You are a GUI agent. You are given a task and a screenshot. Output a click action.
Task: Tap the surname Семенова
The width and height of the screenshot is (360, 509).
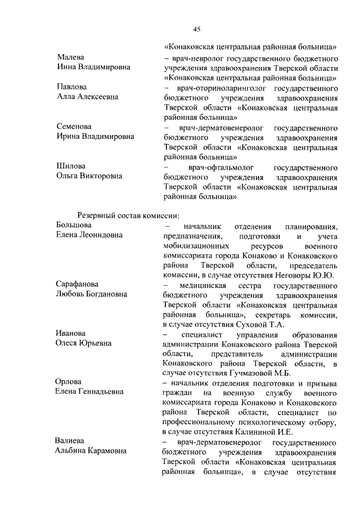pyautogui.click(x=74, y=127)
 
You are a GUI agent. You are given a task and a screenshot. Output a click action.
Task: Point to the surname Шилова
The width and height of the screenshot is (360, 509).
pyautogui.click(x=71, y=166)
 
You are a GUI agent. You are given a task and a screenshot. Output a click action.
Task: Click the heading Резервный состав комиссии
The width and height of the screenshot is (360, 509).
pyautogui.click(x=128, y=214)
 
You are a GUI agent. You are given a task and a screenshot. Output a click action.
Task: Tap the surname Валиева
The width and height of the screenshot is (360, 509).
pyautogui.click(x=71, y=442)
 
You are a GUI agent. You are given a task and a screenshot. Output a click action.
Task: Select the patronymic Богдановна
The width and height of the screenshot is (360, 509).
pyautogui.click(x=104, y=294)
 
